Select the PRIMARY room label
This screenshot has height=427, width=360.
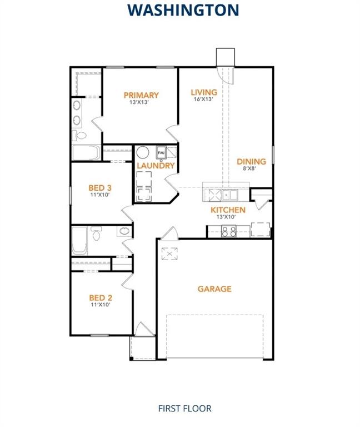point(141,95)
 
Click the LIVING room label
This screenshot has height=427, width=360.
point(204,92)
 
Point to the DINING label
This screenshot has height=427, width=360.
point(251,162)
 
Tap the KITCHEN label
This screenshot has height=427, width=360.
point(228,210)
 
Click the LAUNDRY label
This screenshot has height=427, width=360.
point(156,166)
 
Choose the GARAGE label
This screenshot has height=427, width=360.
point(214,289)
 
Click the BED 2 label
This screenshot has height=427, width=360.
point(101,297)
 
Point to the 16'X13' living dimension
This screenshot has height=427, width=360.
point(204,100)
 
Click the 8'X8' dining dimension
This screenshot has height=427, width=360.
point(251,169)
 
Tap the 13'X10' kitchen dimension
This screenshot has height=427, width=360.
point(228,217)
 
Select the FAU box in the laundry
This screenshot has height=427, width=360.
point(161,152)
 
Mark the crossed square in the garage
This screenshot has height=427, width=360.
point(168,254)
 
